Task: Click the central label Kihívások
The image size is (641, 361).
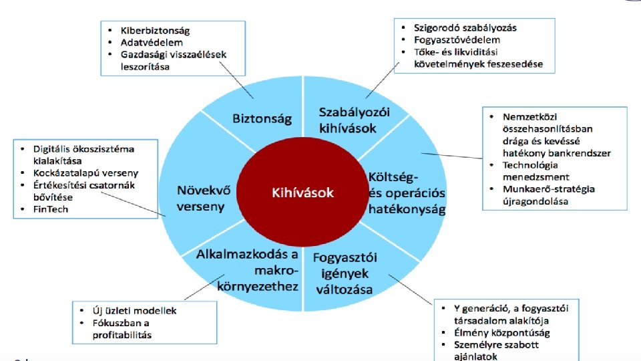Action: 302,193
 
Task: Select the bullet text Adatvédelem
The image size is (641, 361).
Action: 146,43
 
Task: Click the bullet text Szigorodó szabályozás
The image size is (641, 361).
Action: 465,27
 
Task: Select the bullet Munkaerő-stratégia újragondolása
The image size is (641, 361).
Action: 542,195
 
